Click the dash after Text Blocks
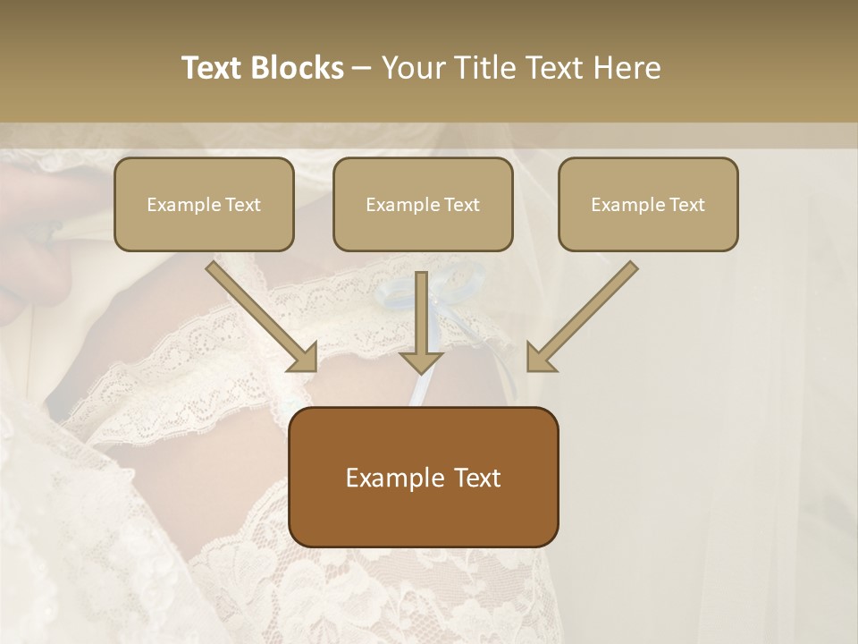coord(362,69)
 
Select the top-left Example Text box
coord(204,204)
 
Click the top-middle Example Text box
coord(423,204)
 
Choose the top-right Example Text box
coord(648,204)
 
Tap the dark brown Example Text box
coord(424,477)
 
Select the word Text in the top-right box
coord(686,205)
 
